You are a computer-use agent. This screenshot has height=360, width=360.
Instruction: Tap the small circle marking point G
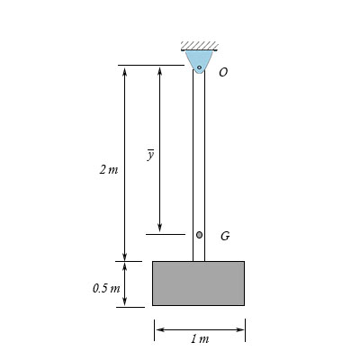199,235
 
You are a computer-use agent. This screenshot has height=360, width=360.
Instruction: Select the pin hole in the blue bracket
199,67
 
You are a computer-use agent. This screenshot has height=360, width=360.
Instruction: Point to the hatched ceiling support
199,45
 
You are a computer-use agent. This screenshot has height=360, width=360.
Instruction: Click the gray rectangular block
198,283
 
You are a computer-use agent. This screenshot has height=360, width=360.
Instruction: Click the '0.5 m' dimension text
105,288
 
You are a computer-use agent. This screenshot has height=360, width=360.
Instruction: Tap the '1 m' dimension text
200,339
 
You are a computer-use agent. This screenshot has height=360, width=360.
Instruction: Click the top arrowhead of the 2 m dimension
125,70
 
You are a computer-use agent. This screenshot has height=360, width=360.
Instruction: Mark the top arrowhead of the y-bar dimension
159,70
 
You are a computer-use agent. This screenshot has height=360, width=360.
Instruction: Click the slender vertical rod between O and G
199,153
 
